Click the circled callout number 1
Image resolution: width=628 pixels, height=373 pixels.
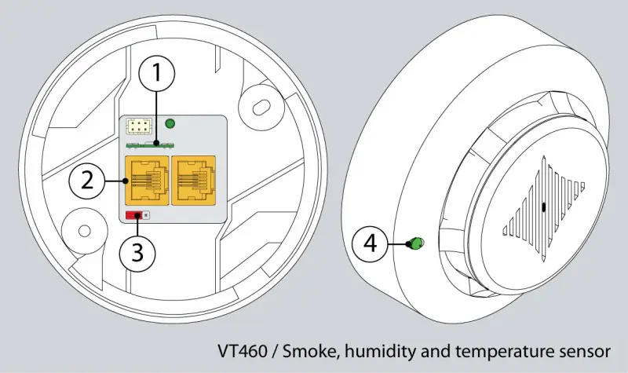pos(156,73)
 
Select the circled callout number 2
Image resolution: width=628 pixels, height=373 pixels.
pos(87,181)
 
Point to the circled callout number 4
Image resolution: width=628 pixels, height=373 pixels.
pos(370,243)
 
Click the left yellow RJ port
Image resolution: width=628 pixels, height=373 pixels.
pos(147,181)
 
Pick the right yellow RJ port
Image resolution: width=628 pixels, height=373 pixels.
pos(193,181)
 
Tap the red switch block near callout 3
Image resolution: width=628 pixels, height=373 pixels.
pos(133,215)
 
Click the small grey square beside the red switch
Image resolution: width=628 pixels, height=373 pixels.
pos(146,215)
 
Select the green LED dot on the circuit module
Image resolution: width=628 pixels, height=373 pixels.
pos(170,123)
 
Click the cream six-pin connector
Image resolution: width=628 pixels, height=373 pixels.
pos(139,126)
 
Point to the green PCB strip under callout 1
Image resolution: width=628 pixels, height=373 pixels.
pos(147,144)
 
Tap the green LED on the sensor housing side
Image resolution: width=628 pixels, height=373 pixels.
pos(415,243)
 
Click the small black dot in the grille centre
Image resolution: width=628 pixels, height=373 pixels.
pos(543,207)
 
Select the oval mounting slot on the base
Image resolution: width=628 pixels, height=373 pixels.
pos(261,107)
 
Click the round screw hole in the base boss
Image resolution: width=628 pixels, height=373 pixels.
pos(85,231)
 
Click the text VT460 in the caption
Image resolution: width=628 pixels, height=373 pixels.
pos(243,351)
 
